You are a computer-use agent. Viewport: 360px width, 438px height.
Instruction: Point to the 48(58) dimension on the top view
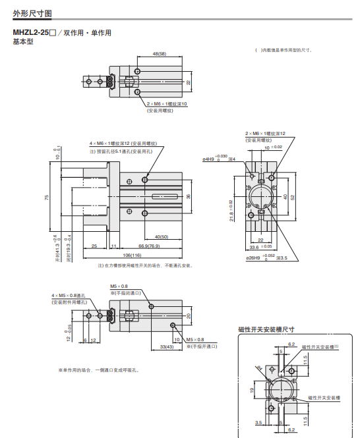pyautogui.click(x=159, y=53)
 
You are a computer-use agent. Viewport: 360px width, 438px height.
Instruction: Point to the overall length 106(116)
pyautogui.click(x=132, y=254)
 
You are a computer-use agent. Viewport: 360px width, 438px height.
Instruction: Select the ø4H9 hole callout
pyautogui.click(x=210, y=159)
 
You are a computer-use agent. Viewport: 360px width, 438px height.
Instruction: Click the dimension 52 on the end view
pyautogui.click(x=293, y=197)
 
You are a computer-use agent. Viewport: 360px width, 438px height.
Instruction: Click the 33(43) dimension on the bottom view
pyautogui.click(x=167, y=346)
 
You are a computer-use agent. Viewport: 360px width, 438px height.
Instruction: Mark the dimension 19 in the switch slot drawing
pyautogui.click(x=251, y=389)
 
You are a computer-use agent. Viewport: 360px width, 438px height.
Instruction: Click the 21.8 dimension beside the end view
pyautogui.click(x=231, y=211)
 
